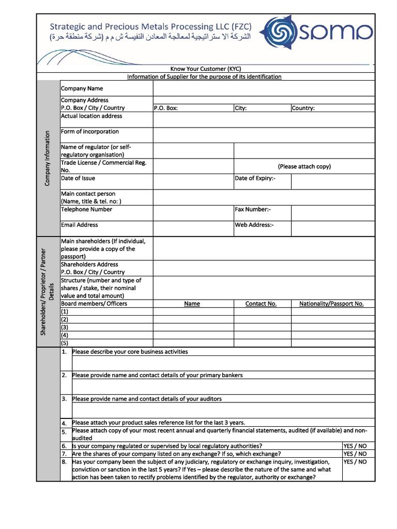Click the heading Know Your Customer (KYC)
206,69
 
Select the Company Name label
82,89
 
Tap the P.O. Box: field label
166,108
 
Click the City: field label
241,108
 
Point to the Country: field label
303,108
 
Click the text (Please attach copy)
304,166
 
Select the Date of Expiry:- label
255,178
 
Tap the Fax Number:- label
253,209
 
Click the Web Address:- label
254,225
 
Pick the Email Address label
79,225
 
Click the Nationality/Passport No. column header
331,304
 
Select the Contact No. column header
261,304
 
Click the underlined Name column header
192,304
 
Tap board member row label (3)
65,327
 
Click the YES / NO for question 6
355,446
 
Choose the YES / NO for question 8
355,462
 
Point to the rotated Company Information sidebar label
47,159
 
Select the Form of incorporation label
90,132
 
